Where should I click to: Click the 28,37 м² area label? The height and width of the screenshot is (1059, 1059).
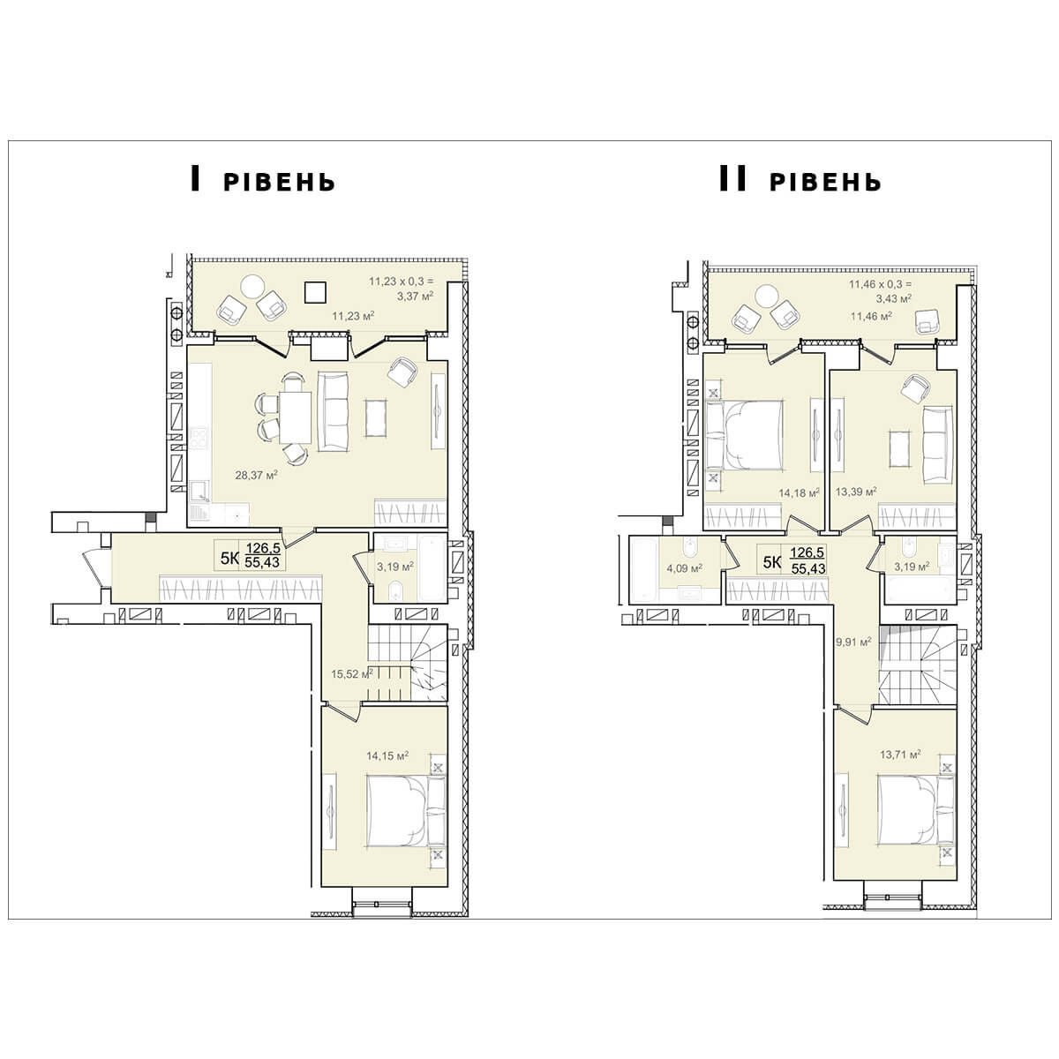click(256, 475)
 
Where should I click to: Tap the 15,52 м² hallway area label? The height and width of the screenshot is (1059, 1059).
click(352, 673)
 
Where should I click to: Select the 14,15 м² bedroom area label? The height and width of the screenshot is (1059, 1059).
click(387, 756)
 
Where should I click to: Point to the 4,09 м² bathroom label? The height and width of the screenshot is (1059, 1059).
click(684, 567)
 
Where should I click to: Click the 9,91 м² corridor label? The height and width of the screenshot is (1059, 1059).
click(853, 642)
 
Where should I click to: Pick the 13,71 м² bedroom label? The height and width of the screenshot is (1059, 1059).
click(900, 755)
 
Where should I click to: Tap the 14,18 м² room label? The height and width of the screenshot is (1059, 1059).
click(799, 493)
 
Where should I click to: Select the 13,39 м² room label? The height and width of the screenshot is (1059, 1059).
click(856, 492)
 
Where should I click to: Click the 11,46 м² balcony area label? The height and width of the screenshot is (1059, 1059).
click(871, 316)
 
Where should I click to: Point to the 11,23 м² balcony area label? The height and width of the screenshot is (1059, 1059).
click(353, 316)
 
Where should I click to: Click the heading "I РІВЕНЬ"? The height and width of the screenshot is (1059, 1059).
click(263, 179)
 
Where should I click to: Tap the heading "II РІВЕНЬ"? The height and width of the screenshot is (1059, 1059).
click(800, 179)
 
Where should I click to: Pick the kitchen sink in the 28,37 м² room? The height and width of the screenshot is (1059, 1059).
click(200, 492)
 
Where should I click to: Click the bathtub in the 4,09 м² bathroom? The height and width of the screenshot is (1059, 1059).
click(642, 570)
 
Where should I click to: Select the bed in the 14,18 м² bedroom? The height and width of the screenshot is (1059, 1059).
click(744, 435)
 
